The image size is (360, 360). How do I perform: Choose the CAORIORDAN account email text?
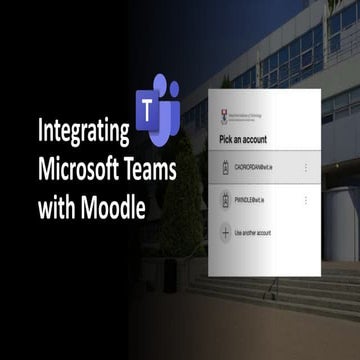[263, 168]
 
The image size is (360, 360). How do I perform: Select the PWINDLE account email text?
[260, 200]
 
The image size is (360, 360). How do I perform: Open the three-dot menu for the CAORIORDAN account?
[305, 168]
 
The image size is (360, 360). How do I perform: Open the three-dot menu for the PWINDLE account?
[305, 200]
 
